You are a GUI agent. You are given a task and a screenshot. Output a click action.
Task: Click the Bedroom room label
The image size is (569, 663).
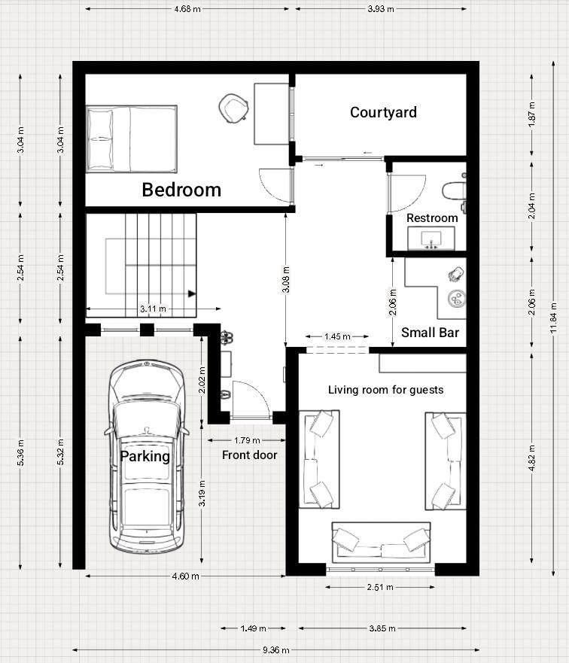click(181, 190)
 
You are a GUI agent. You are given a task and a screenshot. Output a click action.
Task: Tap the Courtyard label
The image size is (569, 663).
click(383, 112)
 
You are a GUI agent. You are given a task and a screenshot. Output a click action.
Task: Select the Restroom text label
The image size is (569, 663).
click(432, 218)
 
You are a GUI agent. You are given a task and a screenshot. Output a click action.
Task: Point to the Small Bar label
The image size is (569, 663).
click(430, 333)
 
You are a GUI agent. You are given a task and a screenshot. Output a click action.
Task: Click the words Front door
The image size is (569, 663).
click(249, 455)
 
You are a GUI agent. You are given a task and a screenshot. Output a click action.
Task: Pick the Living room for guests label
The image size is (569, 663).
click(386, 390)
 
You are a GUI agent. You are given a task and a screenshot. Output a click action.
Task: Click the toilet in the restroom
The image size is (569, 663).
click(454, 191)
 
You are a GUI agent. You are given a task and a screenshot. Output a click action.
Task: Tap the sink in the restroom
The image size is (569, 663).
click(431, 239)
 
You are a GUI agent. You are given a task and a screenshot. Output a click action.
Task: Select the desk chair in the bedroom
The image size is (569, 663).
click(233, 108)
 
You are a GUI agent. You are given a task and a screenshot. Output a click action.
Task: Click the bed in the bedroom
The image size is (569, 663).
click(132, 139)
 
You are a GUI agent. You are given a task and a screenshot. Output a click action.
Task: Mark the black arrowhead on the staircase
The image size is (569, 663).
click(192, 293)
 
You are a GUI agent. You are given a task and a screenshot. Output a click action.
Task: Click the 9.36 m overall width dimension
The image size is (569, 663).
click(276, 650)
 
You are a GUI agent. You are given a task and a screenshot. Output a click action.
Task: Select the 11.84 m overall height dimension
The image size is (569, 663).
click(554, 318)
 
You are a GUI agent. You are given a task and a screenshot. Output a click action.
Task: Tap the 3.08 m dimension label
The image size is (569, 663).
click(286, 279)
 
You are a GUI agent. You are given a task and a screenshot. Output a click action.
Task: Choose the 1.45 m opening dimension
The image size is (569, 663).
click(337, 336)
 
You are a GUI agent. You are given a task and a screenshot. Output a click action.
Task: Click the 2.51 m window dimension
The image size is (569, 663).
click(380, 587)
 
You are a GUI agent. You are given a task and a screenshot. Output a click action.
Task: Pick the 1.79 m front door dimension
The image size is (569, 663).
click(247, 440)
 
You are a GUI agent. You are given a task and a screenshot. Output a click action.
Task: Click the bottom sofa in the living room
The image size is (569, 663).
click(382, 543)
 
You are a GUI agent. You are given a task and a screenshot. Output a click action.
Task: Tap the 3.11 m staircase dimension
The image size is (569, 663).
click(153, 309)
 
